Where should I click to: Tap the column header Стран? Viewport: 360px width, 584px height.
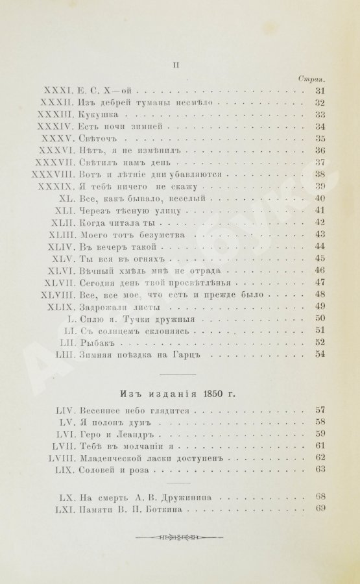312,79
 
